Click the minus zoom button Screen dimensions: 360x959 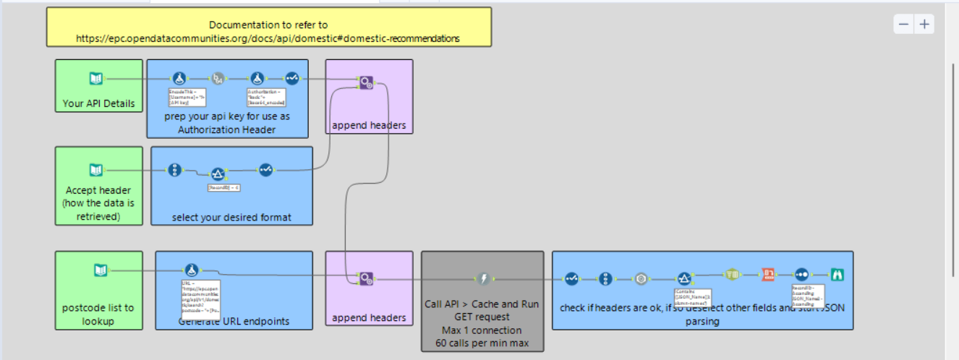[x=904, y=24]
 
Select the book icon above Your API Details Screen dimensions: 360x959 [x=95, y=79]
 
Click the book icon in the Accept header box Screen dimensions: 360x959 [x=95, y=170]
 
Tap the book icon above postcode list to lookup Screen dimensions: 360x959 [x=101, y=270]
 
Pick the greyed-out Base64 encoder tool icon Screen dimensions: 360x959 [x=218, y=78]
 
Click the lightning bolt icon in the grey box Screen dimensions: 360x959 [x=482, y=278]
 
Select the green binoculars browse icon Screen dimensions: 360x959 [x=838, y=275]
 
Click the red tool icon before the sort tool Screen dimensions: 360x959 [x=768, y=275]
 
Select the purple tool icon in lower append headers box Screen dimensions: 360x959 [x=366, y=278]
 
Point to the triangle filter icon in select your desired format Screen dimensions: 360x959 [x=218, y=173]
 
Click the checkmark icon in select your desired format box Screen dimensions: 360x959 [x=265, y=170]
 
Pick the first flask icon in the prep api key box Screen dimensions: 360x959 [x=178, y=78]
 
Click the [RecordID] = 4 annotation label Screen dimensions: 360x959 [x=223, y=187]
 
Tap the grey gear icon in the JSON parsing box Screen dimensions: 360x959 [x=640, y=278]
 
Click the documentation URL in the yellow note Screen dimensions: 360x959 [x=268, y=38]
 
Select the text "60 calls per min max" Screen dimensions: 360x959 [x=482, y=343]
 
